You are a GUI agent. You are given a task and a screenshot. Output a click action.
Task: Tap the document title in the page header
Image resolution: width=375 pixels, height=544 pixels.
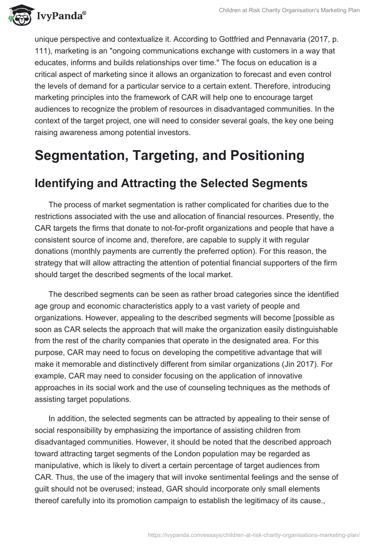coord(289,10)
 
